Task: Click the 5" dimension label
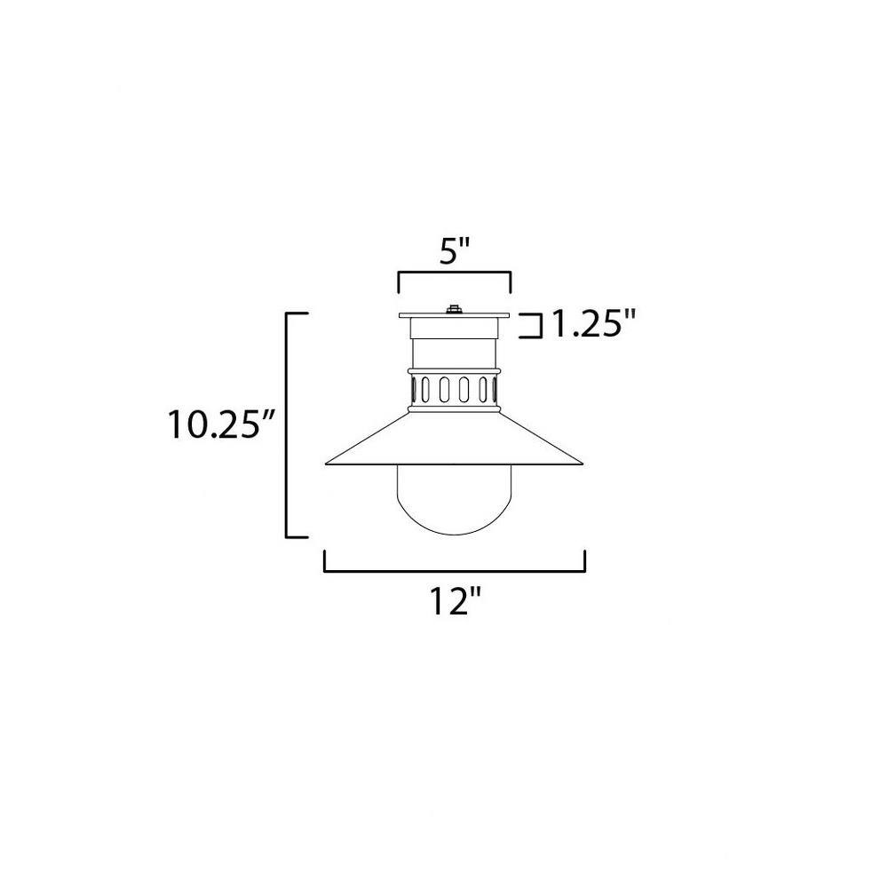click(455, 251)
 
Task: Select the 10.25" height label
click(221, 424)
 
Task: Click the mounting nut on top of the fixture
click(453, 309)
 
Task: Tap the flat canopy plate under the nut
click(454, 315)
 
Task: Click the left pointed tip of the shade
click(326, 464)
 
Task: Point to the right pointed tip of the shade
click(583, 464)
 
